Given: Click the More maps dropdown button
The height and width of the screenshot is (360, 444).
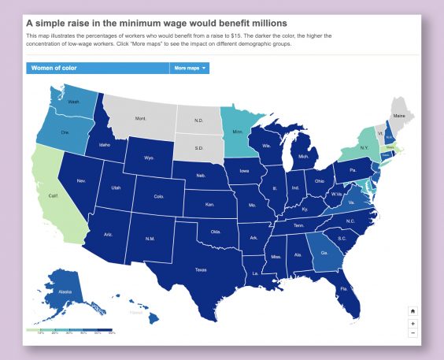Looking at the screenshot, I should [190, 69].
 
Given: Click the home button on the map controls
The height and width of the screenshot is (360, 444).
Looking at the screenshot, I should [413, 311].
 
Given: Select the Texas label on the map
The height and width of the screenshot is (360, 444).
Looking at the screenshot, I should [202, 269].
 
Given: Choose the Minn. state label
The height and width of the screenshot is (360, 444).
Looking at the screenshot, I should [237, 133].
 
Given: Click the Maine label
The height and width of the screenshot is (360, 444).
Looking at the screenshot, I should [400, 116].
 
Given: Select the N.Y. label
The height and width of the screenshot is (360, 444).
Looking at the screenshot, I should [364, 148].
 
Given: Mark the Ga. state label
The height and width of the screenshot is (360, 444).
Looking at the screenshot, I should [324, 254].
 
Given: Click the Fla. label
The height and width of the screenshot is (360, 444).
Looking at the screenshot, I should [345, 289].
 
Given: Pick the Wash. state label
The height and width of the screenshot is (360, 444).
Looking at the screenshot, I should [73, 102].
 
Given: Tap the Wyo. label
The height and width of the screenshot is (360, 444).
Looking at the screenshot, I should [149, 158].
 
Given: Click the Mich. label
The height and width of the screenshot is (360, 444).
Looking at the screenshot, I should [303, 157].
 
